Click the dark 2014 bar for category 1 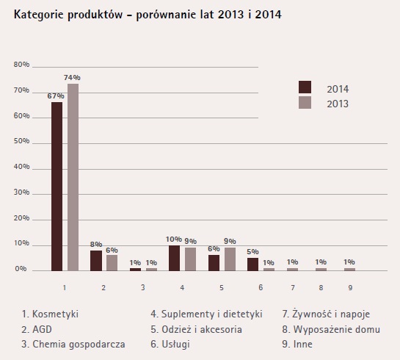tap(57, 187)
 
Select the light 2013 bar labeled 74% tap(73, 177)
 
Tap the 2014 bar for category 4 tap(174, 258)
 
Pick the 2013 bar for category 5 tap(230, 259)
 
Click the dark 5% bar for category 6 tap(252, 264)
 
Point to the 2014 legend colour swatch tap(305, 87)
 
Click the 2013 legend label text tap(338, 104)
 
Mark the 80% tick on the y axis tap(21, 65)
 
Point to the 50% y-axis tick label tap(21, 141)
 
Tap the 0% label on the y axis tap(21, 269)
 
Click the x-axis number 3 tap(143, 288)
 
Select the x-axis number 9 tap(350, 288)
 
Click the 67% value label tap(56, 96)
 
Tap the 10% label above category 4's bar tap(174, 240)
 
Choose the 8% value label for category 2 tap(96, 245)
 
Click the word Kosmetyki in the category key tap(55, 314)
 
